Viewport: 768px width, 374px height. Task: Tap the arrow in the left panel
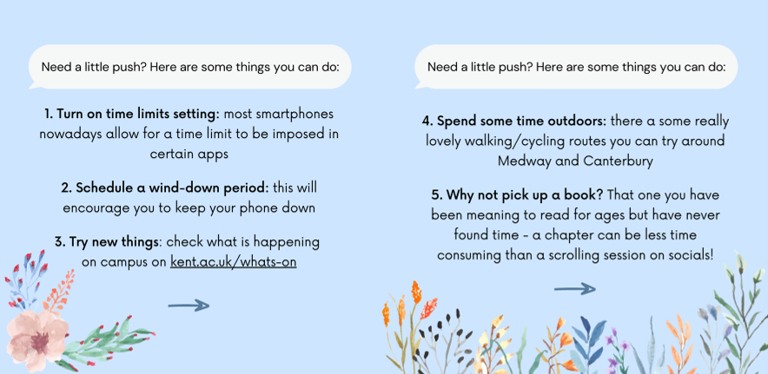pyautogui.click(x=189, y=305)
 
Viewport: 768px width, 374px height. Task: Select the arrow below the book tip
pyautogui.click(x=574, y=289)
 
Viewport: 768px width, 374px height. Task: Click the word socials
pyautogui.click(x=690, y=254)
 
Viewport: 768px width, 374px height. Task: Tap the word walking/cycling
pyautogui.click(x=514, y=141)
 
